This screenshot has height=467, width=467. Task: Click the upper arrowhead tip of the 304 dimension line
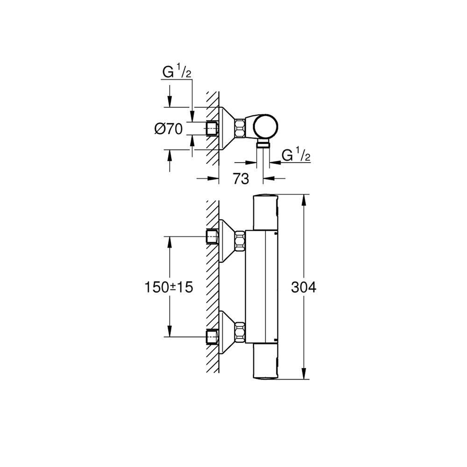point(304,195)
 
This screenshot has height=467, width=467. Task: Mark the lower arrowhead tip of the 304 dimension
point(304,379)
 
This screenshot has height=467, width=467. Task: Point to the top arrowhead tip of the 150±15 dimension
point(170,237)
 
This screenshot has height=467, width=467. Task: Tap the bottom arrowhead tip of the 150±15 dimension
point(170,337)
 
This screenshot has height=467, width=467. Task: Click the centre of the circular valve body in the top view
point(267,127)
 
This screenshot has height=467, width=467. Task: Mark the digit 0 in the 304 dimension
point(304,287)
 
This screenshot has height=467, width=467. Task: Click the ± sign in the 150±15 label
point(175,288)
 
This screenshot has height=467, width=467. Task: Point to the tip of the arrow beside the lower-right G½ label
point(270,163)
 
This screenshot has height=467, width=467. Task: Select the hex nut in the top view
point(240,128)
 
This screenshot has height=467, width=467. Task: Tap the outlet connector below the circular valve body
point(263,144)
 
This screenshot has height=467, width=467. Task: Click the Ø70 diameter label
point(169,129)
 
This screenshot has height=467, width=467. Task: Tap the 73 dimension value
point(241,179)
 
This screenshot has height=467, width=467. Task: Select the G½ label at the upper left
point(177,71)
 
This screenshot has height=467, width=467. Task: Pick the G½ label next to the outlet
point(296,155)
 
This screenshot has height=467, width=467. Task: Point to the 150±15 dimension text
point(169,288)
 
